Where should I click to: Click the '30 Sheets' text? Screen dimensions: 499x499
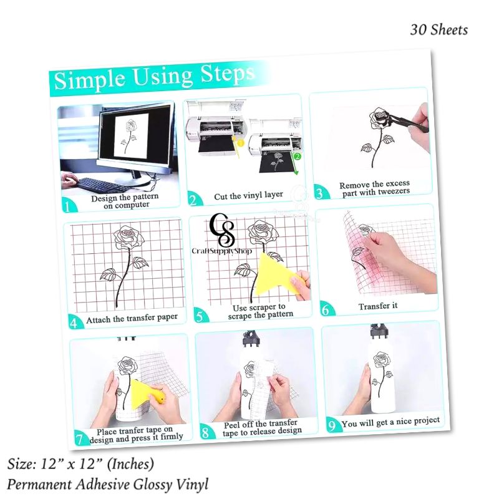point(438,29)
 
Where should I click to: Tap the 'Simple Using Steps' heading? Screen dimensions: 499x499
point(155,77)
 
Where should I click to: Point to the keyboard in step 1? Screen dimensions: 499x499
point(104,185)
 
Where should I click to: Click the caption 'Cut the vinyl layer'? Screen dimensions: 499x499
point(248,195)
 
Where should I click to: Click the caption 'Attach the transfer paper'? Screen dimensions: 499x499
point(132,318)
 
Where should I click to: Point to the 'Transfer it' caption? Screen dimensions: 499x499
point(378,306)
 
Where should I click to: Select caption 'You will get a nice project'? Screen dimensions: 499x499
point(390,422)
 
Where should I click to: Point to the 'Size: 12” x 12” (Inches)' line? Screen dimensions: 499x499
point(80,464)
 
